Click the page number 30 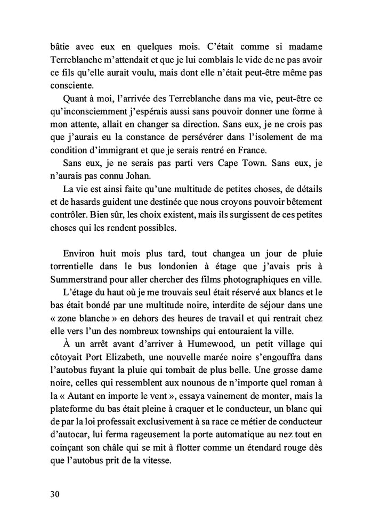53,493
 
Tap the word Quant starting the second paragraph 75,99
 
